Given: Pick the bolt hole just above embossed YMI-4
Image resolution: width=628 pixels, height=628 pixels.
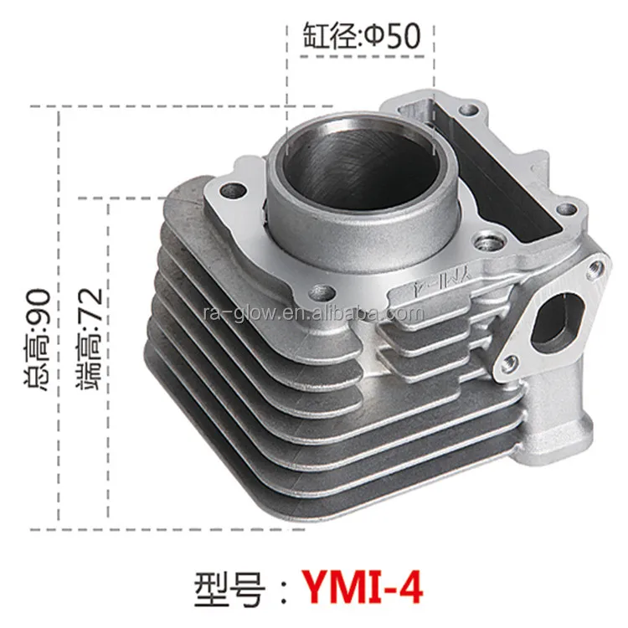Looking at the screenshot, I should [x=485, y=243].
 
